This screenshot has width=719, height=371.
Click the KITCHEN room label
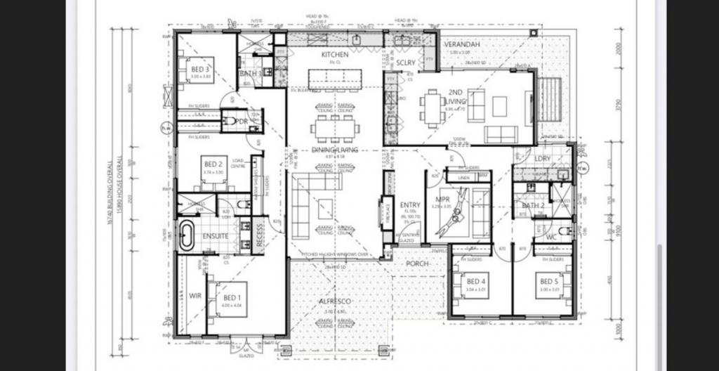pyautogui.click(x=335, y=55)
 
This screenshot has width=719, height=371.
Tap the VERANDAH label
pyautogui.click(x=462, y=45)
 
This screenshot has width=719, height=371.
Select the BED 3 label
pyautogui.click(x=200, y=70)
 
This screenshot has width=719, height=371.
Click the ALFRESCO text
pyautogui.click(x=334, y=301)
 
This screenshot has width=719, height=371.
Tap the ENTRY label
pyautogui.click(x=409, y=204)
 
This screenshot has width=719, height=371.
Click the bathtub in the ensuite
pyautogui.click(x=186, y=236)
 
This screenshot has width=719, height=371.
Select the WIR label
pyautogui.click(x=195, y=296)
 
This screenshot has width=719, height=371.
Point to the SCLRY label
pyautogui.click(x=406, y=63)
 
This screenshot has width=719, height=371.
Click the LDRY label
pyautogui.click(x=543, y=159)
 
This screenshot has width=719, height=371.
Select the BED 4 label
pyautogui.click(x=477, y=282)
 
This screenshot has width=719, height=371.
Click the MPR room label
pyautogui.click(x=443, y=199)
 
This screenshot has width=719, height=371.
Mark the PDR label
pyautogui.click(x=242, y=122)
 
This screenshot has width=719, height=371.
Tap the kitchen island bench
pyautogui.click(x=334, y=79)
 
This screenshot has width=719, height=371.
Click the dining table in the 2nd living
pyautogui.click(x=432, y=109)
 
